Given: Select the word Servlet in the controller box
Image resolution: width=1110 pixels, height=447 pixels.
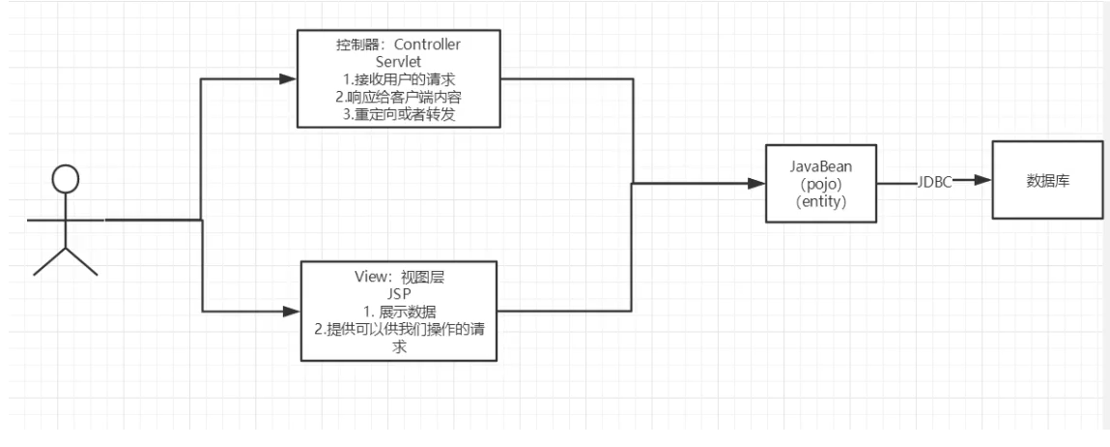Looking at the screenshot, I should pos(399,61).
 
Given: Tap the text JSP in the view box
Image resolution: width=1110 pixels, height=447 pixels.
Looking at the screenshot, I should pos(399,293).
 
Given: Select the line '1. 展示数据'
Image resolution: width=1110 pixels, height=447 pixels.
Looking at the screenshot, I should pos(399,310).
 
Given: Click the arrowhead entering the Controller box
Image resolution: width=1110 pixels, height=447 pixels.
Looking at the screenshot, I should pos(287,77).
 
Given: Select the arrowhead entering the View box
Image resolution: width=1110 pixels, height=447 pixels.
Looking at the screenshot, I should pos(290,312).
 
